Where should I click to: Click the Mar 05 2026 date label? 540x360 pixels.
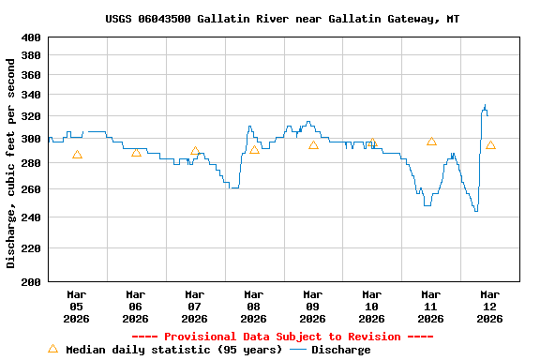click(x=76, y=306)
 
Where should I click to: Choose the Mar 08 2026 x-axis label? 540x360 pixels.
click(x=253, y=306)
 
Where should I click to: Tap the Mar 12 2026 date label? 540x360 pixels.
click(x=489, y=306)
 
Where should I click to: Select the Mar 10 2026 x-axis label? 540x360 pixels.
click(x=371, y=306)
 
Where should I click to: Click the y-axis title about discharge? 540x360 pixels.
click(x=11, y=163)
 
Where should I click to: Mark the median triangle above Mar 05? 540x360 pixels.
click(x=77, y=155)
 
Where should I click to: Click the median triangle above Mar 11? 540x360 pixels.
click(x=431, y=142)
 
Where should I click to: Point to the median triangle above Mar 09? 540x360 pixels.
click(x=313, y=145)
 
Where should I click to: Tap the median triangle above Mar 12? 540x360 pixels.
click(x=490, y=145)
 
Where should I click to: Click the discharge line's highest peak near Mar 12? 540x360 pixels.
click(x=485, y=105)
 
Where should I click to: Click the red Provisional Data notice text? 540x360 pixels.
click(x=282, y=337)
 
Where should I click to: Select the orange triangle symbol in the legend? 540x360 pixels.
click(x=52, y=349)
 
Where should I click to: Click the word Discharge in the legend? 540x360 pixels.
click(x=340, y=350)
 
